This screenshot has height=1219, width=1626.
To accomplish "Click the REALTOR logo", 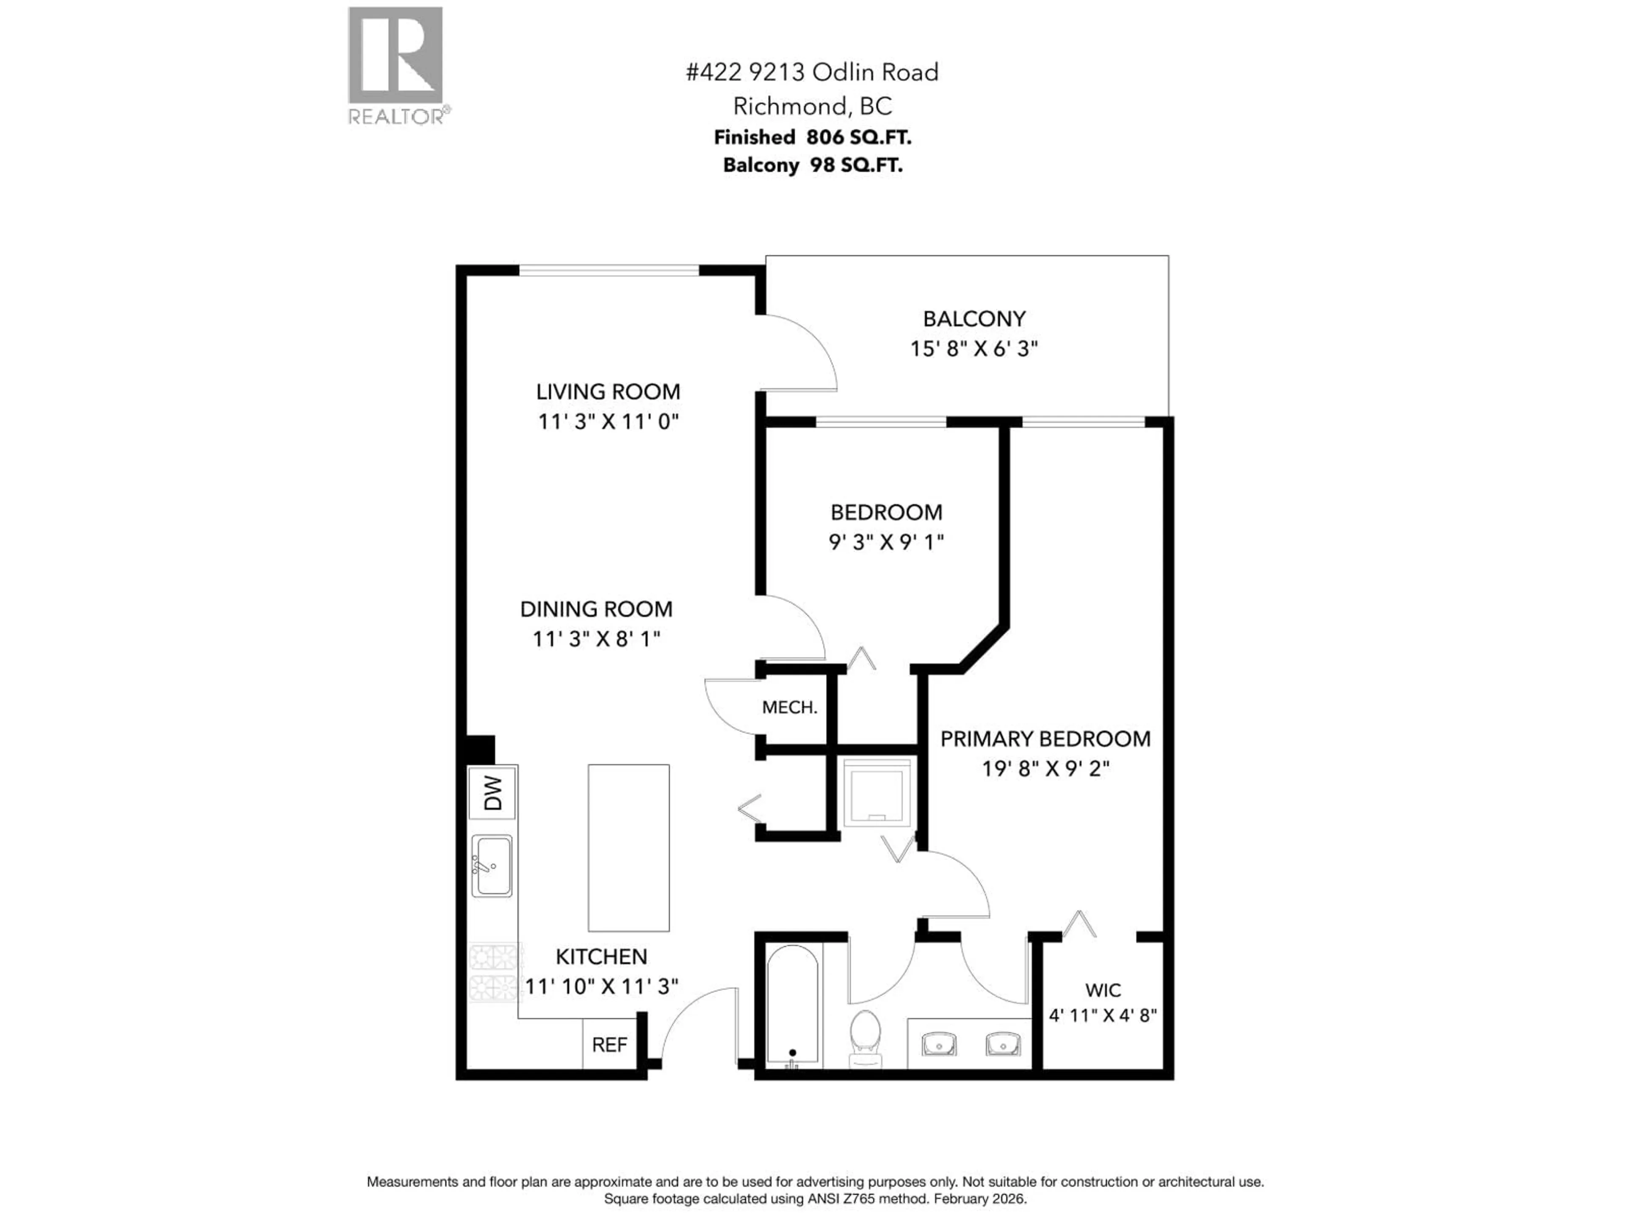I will coord(395,65).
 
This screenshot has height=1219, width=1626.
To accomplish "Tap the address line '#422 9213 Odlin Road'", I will coord(812,72).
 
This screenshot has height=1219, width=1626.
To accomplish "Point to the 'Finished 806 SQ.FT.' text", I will coord(812,138).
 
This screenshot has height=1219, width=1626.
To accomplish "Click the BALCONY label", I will coord(974,319).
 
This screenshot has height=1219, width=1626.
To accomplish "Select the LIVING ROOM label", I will coord(608,392).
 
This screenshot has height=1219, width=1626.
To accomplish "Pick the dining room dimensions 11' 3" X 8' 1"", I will coord(596,639).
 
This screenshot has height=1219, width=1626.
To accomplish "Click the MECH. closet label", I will coord(789,707).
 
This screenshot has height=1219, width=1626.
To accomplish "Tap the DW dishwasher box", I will coord(492,793).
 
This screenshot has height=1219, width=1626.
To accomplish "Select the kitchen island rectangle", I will coord(628,847).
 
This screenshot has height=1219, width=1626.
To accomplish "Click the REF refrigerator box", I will coord(609,1044).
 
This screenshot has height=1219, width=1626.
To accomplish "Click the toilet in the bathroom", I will coord(865,1037).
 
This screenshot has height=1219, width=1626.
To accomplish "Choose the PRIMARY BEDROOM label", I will coord(1045,739).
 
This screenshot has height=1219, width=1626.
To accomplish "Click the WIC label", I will coord(1103,990).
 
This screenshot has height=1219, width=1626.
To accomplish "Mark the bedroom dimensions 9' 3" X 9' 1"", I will coord(886,541).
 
